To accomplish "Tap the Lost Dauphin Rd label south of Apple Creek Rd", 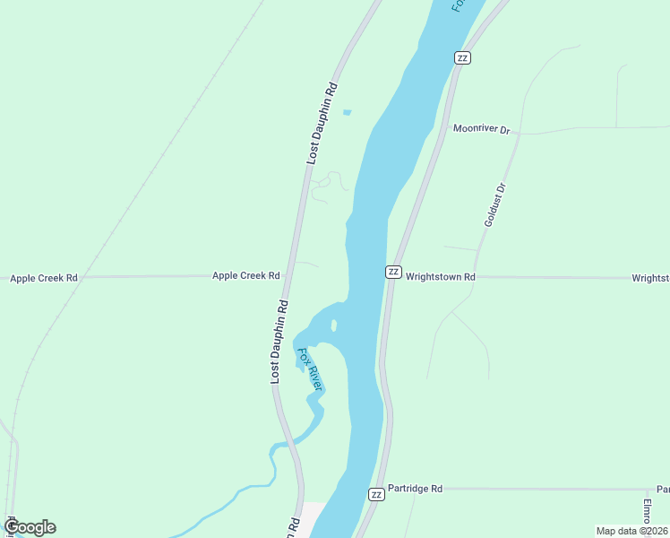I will (x=280, y=342).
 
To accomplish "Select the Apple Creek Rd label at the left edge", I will (x=44, y=278).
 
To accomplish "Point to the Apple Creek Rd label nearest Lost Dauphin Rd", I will (x=245, y=275).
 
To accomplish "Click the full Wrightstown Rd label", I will (x=440, y=277).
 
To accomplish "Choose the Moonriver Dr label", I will (x=481, y=129).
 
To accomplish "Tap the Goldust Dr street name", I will (x=495, y=204).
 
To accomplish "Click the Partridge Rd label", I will (x=416, y=489).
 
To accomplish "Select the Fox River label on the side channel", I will (x=310, y=368).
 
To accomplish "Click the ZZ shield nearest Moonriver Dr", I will (x=462, y=57).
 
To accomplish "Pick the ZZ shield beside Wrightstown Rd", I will (x=392, y=272).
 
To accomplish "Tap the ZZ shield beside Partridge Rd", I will (x=376, y=494).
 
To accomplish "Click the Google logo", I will (x=30, y=527).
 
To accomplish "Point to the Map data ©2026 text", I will (x=631, y=531).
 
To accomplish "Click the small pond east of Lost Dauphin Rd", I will (x=347, y=112).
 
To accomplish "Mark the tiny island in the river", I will (x=334, y=325).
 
